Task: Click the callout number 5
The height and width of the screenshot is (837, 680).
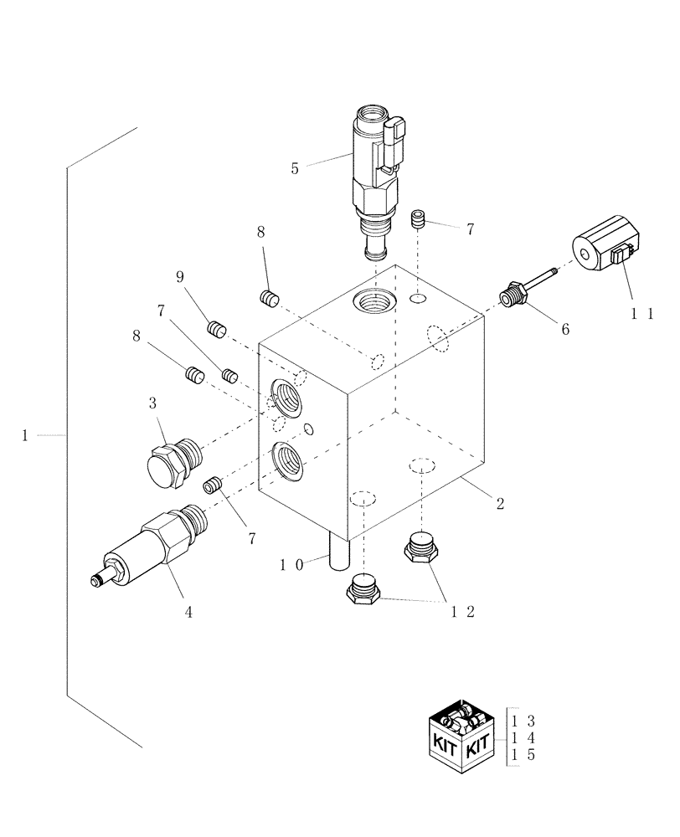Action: [x=295, y=168]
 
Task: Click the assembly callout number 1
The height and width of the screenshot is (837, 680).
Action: [x=26, y=435]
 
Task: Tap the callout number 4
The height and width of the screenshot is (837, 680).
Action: [x=188, y=612]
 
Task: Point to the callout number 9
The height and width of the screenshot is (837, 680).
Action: [x=179, y=276]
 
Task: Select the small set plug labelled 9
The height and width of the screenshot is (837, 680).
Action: [x=217, y=329]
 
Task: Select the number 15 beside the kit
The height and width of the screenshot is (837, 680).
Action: [x=523, y=755]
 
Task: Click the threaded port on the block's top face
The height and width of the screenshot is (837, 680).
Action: [x=370, y=298]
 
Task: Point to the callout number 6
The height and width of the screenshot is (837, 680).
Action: [x=564, y=329]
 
